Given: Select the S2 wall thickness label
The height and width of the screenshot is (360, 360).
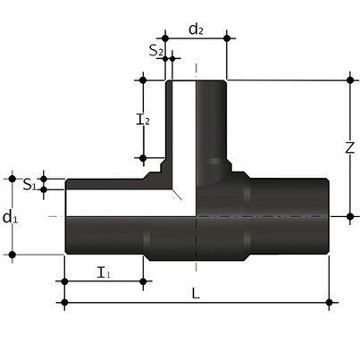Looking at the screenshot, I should pos(155,52).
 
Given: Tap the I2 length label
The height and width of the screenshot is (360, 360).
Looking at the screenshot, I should pos(141,119).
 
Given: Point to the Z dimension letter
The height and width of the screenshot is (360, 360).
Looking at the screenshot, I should pos(350,148).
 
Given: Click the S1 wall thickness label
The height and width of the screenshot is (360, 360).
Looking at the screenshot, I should pos(29,185).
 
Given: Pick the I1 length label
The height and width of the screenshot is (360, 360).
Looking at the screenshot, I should pos(103,272).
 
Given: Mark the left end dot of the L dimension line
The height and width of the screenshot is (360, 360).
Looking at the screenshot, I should pos(65,304).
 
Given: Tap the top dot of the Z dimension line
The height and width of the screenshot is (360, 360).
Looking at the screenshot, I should pos(349,80).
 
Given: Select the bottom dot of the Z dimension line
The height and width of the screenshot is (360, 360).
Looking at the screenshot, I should pos(349,216).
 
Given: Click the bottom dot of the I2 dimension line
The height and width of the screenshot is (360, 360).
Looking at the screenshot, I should pos(141,158).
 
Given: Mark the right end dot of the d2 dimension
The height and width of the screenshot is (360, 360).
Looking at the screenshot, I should pos(228,38).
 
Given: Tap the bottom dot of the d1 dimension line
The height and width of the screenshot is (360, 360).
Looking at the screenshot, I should pos(12,255).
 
